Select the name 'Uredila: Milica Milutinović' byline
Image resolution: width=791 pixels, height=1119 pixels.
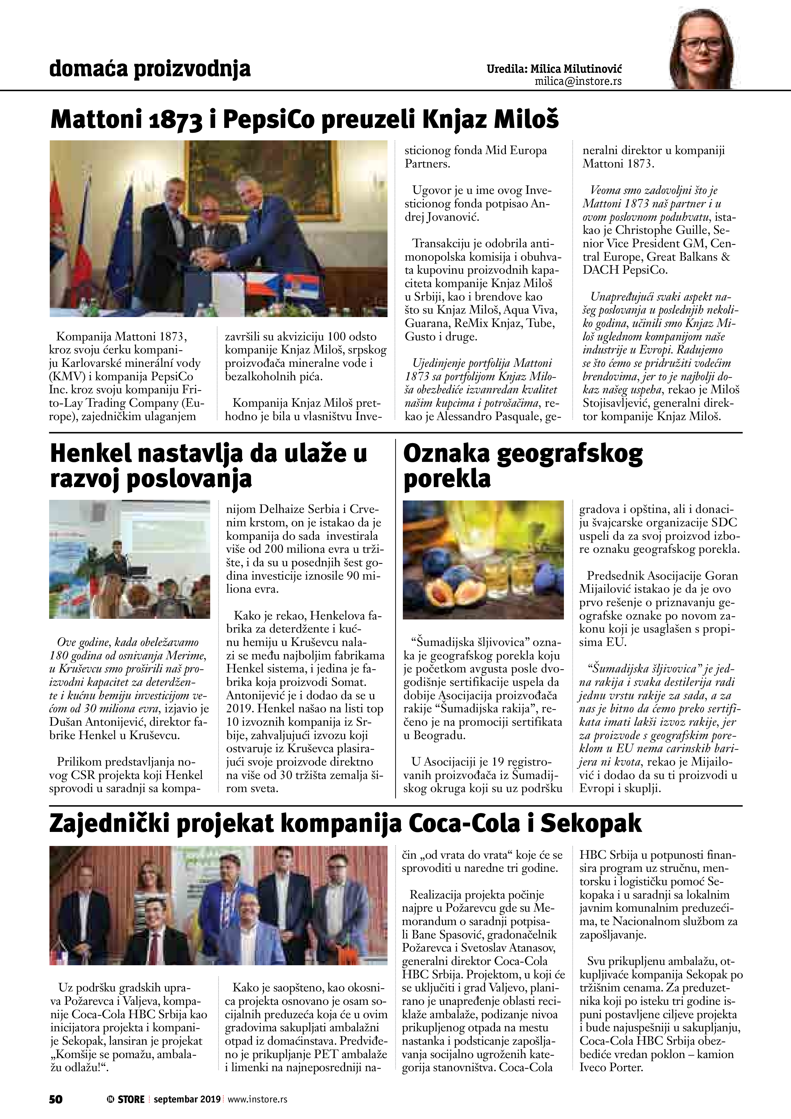click(x=554, y=69)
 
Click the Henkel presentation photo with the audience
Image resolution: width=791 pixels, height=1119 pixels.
click(x=129, y=559)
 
